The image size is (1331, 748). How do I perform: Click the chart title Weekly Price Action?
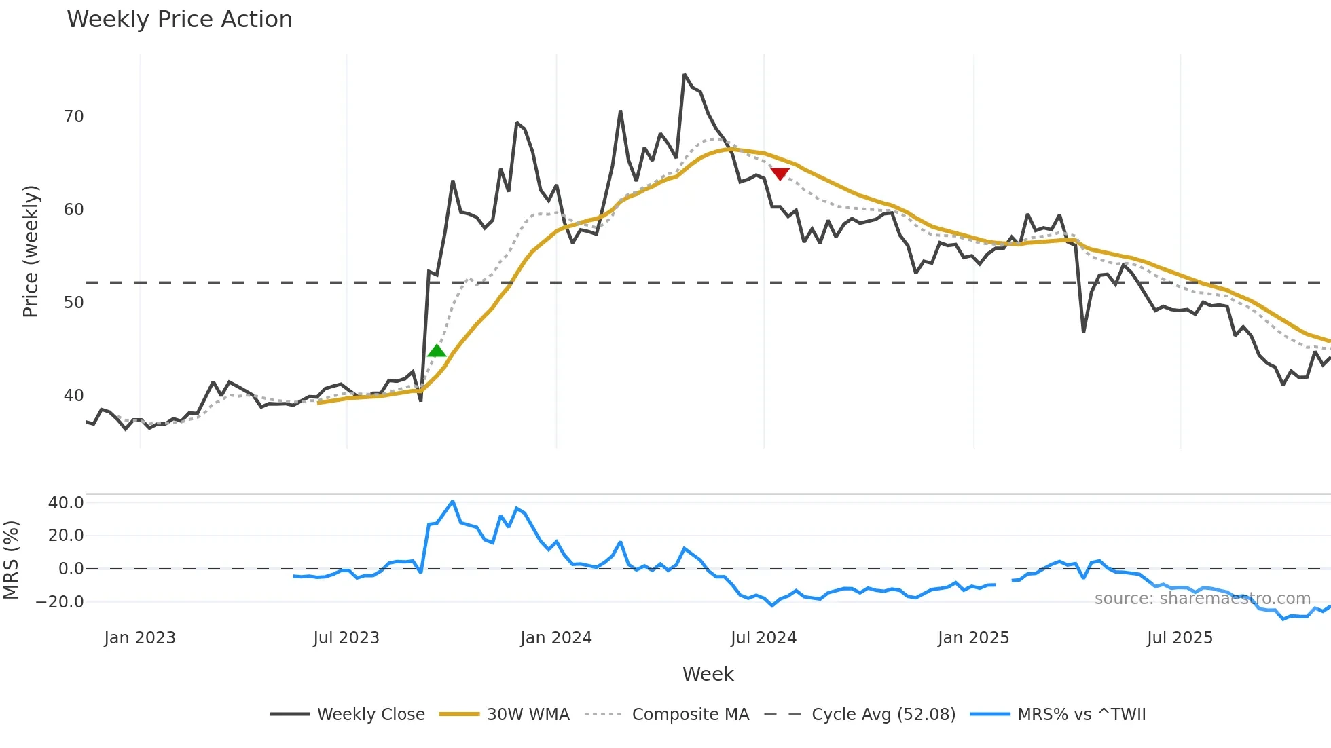[179, 20]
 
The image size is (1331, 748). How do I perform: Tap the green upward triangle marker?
[437, 351]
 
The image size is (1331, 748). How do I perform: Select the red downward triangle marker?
[780, 174]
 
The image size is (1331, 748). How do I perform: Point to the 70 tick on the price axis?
[73, 117]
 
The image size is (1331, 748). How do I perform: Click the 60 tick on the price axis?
[73, 210]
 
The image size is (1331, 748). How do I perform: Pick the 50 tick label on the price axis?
[73, 303]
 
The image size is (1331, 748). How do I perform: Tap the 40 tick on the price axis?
[73, 396]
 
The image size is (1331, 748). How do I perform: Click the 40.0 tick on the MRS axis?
[66, 503]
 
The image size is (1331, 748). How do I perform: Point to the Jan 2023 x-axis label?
[140, 638]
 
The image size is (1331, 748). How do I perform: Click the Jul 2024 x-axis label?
[763, 638]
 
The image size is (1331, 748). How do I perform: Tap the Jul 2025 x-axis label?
[1180, 638]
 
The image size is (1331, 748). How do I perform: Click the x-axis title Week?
[708, 674]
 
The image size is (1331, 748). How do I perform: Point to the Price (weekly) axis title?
[31, 251]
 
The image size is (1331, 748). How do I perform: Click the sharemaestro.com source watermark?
[1203, 599]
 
